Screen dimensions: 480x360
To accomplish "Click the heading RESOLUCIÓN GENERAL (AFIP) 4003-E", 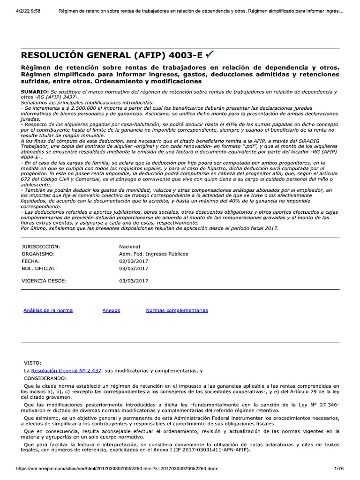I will [112, 55].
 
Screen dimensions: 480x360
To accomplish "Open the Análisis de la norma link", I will [48, 310].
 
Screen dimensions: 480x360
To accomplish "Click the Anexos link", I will [111, 310].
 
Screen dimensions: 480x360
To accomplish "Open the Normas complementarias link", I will [177, 310].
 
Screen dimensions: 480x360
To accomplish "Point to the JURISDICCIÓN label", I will [41, 247].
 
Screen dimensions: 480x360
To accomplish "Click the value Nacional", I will [129, 247].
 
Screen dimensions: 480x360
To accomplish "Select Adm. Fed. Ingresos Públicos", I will [153, 254].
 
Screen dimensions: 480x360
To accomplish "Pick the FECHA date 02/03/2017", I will [134, 261].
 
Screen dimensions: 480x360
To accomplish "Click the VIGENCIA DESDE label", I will [44, 281].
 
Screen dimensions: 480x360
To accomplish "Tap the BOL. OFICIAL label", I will [39, 269].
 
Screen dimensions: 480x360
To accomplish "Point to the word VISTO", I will [32, 363].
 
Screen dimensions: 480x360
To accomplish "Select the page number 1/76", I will [339, 468].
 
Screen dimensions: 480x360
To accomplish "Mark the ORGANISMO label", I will [38, 254].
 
